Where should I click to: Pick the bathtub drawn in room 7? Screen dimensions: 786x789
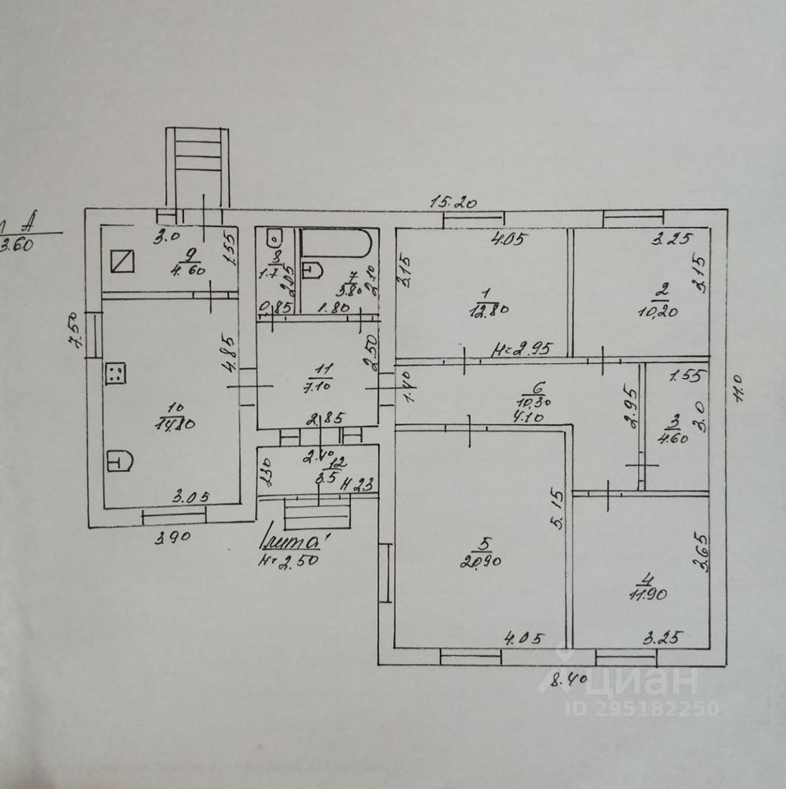(x=337, y=245)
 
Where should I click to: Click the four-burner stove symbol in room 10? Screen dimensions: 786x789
(x=116, y=374)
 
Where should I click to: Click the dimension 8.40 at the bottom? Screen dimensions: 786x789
(x=566, y=679)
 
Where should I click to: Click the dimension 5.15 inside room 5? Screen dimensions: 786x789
(x=557, y=511)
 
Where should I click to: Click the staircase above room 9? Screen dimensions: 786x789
(x=197, y=166)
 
